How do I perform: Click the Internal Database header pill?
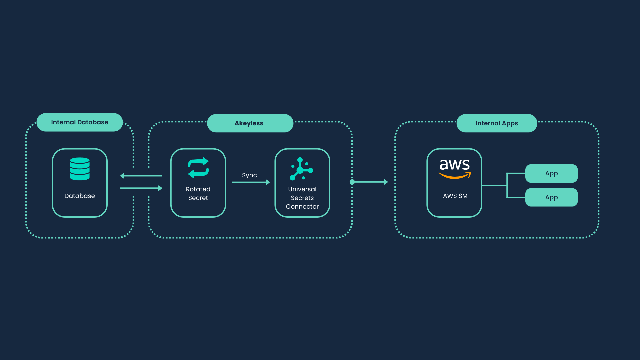pos(80,122)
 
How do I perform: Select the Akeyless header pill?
pos(250,123)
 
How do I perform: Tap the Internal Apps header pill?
pos(497,123)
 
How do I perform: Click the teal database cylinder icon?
pos(80,169)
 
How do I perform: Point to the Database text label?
pos(80,196)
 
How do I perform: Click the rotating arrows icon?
pos(198,167)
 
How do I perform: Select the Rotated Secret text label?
pos(198,194)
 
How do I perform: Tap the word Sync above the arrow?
pos(249,175)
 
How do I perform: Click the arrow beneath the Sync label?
pos(251,182)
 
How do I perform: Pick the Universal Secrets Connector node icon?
pos(301,169)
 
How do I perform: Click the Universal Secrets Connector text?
pos(302,198)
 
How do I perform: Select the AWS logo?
pos(455,168)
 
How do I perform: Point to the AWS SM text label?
pos(455,196)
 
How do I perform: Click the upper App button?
pos(551,173)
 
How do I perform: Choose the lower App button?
pos(551,197)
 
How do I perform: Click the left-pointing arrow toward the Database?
pos(141,176)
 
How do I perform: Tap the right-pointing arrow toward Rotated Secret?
pos(141,188)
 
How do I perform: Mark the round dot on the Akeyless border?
pos(352,182)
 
